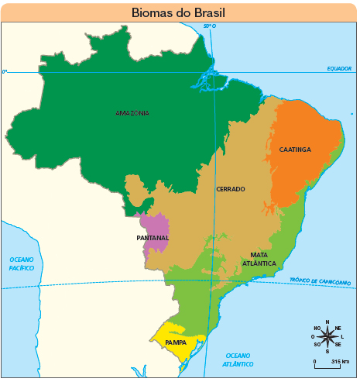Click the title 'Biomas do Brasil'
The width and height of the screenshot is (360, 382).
(180, 12)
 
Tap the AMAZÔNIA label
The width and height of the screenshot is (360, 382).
(132, 113)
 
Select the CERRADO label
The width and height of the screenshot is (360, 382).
(230, 189)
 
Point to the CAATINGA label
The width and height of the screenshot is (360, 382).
(295, 150)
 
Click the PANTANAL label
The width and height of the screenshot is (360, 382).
(153, 237)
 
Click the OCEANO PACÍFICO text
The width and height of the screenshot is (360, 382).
(22, 263)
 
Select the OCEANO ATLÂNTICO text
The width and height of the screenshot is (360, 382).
(238, 359)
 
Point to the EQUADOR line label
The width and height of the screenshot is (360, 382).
(338, 68)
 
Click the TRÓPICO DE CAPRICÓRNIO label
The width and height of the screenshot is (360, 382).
(320, 280)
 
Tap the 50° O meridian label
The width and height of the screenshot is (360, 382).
(209, 27)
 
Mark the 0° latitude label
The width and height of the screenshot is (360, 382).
(5, 71)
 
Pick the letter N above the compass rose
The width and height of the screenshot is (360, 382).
(327, 322)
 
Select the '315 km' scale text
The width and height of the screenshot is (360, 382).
(340, 362)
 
